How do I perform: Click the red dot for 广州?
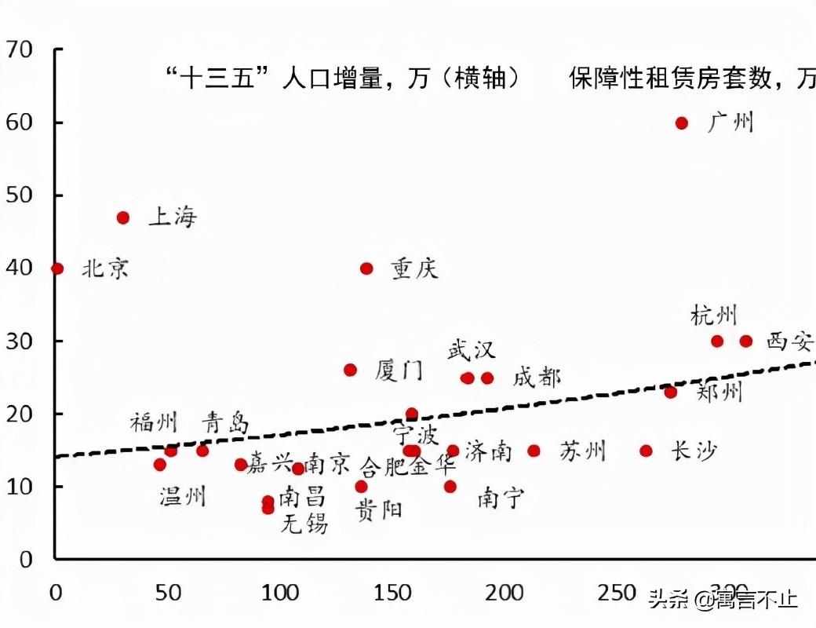[x=682, y=123]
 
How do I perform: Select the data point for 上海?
[x=123, y=217]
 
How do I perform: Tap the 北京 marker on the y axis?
[x=56, y=268]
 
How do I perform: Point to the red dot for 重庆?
[x=366, y=268]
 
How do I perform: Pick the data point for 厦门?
[x=350, y=370]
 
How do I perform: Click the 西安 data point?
[x=745, y=341]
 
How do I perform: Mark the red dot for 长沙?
[x=646, y=451]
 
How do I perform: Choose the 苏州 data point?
[x=534, y=451]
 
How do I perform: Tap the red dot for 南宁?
[x=450, y=487]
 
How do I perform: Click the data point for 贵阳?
[x=361, y=487]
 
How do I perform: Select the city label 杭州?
[x=714, y=316]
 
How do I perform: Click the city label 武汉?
[x=472, y=349]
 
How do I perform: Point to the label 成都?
[x=537, y=378]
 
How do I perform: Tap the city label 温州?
[x=183, y=496]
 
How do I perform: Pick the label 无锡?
[x=304, y=524]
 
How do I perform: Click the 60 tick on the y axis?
[x=19, y=123]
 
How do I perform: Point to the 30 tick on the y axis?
[x=19, y=341]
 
